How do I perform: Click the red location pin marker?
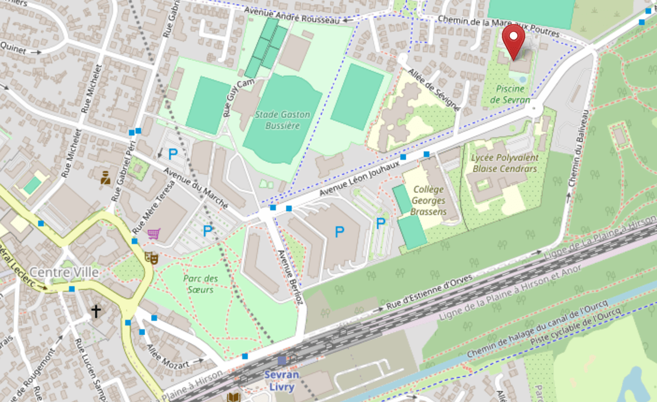[x=514, y=40]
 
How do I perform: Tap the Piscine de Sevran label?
[x=510, y=94]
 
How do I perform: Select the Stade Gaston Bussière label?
[x=283, y=120]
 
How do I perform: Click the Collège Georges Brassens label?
[x=429, y=200]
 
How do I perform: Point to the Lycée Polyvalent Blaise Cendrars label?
[x=505, y=163]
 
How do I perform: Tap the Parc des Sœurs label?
[x=200, y=284]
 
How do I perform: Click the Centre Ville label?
[x=64, y=272]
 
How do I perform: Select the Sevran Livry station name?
[x=281, y=381]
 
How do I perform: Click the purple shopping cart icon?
[x=154, y=234]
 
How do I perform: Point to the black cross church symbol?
[x=96, y=312]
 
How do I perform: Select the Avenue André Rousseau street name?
[x=291, y=15]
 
